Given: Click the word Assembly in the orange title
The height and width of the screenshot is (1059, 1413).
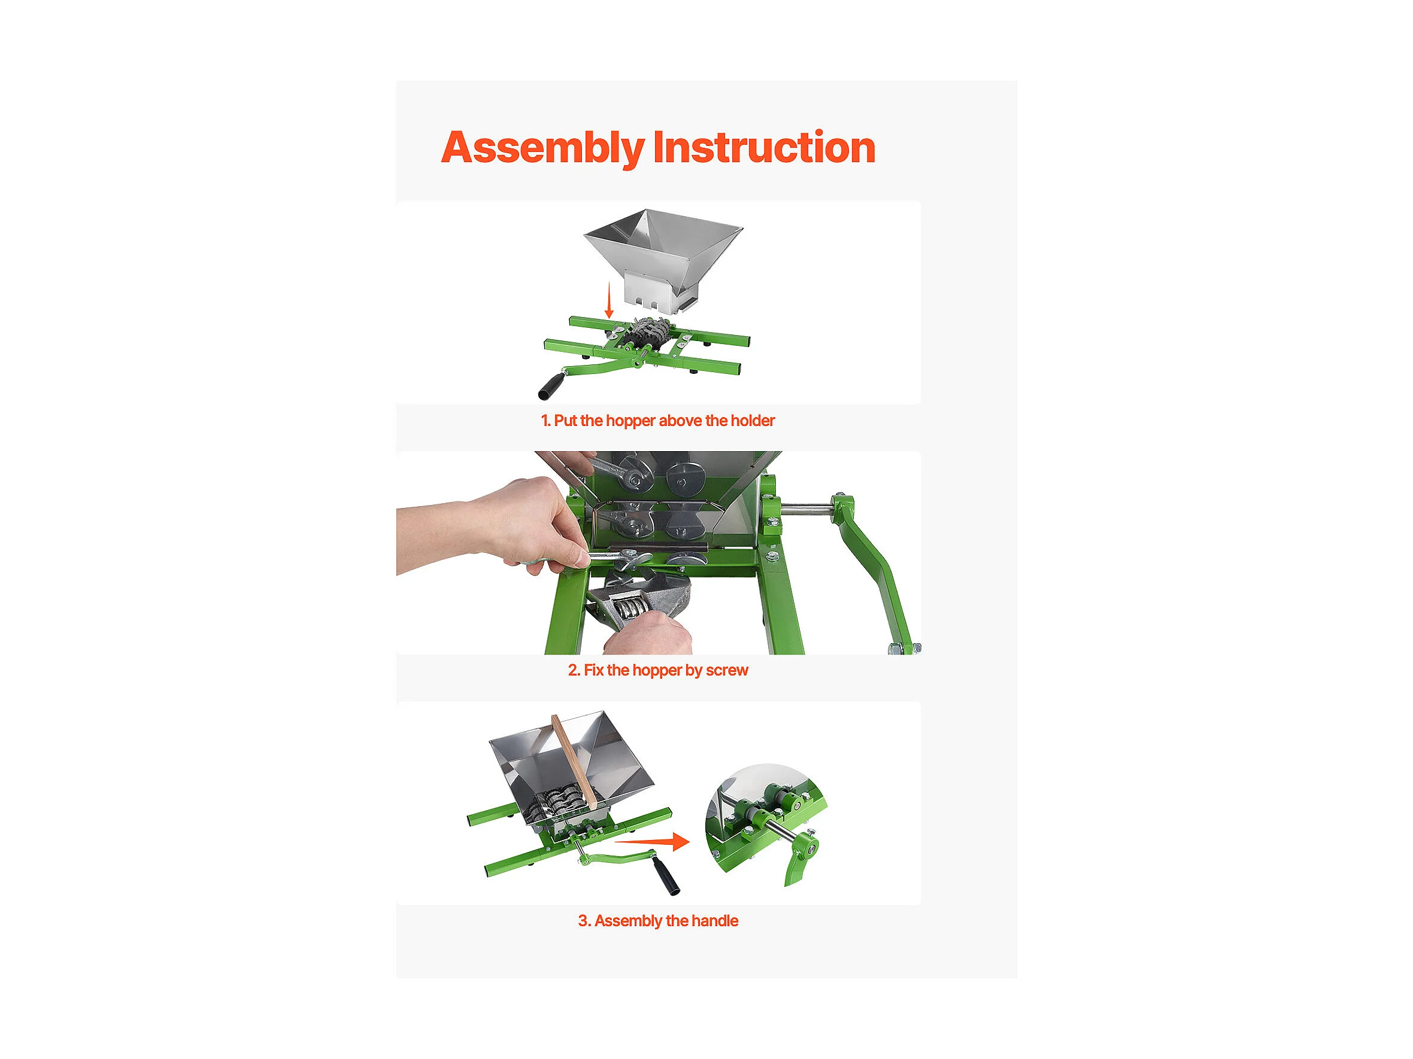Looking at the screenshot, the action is click(543, 148).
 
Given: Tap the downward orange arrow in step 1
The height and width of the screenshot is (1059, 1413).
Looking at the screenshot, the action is click(610, 300).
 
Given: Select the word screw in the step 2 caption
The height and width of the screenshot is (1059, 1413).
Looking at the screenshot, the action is click(727, 671).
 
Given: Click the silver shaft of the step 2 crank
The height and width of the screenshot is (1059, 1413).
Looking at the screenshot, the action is click(806, 509).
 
